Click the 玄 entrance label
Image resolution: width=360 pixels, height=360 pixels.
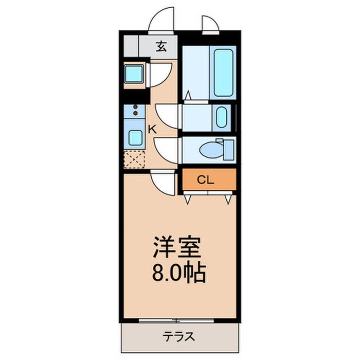coord(161,47)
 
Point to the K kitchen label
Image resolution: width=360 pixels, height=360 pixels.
coord(152,129)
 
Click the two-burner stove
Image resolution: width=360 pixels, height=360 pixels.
coord(136,111)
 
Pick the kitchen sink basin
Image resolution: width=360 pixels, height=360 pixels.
coord(136,137)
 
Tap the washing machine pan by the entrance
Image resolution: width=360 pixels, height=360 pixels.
coord(135,75)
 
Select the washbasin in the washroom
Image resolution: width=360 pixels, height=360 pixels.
coord(222,117)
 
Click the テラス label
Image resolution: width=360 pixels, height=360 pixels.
coord(179,337)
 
